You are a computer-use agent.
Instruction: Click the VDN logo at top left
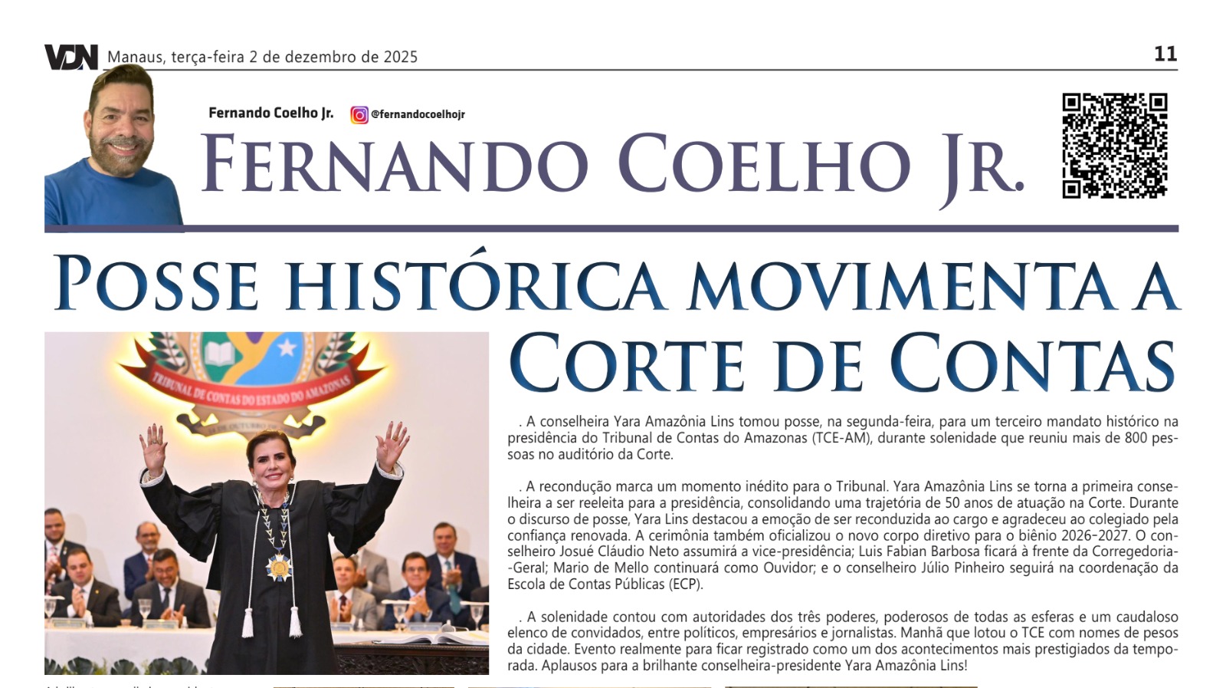click(x=70, y=58)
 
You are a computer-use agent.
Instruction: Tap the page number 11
click(x=1165, y=54)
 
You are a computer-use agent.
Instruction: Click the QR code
click(x=1114, y=146)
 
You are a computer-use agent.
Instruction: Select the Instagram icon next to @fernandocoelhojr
click(x=359, y=115)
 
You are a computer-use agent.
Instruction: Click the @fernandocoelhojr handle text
click(x=418, y=115)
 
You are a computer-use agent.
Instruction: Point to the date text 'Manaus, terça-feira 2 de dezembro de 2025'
click(x=262, y=57)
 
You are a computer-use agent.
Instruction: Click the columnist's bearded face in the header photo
click(x=121, y=123)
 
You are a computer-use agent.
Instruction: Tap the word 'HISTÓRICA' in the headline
click(x=475, y=284)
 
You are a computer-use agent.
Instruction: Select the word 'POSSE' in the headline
click(x=156, y=284)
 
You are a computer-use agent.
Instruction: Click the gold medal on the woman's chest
click(x=280, y=568)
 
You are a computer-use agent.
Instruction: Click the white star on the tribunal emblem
click(x=287, y=348)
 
